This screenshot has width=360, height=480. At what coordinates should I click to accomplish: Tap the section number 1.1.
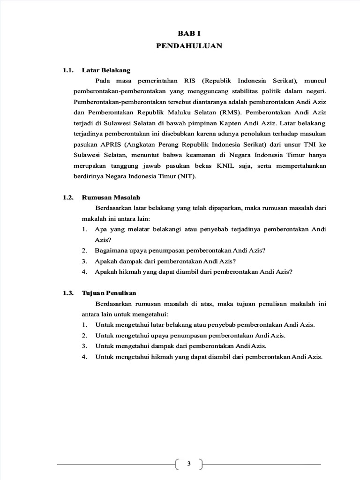click(68, 70)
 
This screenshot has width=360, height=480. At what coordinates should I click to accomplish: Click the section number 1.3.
click(68, 293)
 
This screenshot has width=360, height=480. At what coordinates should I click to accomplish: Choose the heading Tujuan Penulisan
click(109, 293)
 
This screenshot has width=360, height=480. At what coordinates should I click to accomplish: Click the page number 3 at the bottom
click(189, 464)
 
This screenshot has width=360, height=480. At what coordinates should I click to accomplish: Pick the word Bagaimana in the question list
click(111, 250)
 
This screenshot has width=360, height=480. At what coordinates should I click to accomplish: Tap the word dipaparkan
click(222, 208)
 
